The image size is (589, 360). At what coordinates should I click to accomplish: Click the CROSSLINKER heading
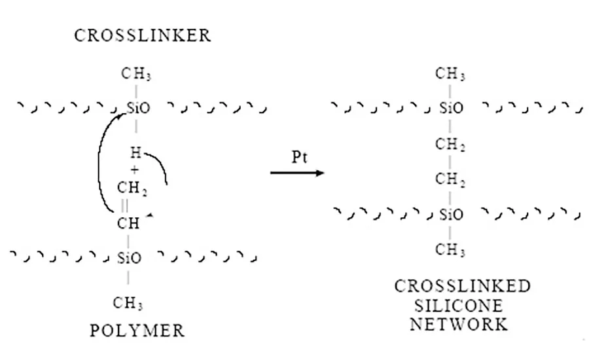(x=143, y=36)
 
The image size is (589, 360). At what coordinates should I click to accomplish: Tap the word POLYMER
(x=137, y=330)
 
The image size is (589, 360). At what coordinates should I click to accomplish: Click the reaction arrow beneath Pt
(x=298, y=173)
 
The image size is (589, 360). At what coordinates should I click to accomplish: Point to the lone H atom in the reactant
(x=135, y=154)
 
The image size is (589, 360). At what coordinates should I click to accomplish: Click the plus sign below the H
(x=135, y=170)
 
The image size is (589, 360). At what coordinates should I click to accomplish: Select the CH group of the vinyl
(x=129, y=223)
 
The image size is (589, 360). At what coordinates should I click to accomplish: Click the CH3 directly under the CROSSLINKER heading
(x=137, y=76)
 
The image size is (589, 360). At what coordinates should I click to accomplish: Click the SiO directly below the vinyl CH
(x=129, y=258)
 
